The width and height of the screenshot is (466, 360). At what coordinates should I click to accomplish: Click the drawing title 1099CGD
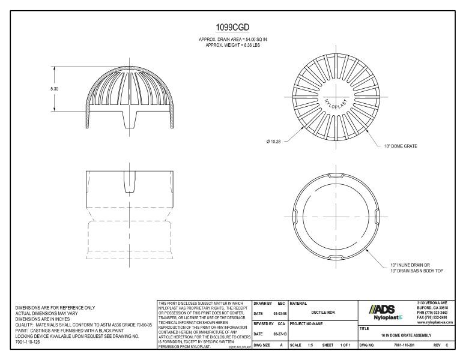(x=232, y=28)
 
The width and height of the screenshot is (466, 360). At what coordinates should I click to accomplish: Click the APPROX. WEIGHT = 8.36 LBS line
(x=232, y=44)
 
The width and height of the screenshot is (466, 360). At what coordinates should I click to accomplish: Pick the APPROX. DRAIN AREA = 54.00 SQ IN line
(x=232, y=39)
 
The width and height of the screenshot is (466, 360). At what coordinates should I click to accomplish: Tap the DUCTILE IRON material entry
(x=322, y=312)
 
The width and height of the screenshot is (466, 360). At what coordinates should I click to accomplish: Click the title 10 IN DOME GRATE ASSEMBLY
(x=406, y=335)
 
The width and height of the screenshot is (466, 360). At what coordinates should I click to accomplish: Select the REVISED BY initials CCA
(x=280, y=323)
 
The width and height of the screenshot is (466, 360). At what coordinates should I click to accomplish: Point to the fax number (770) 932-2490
(x=437, y=317)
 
